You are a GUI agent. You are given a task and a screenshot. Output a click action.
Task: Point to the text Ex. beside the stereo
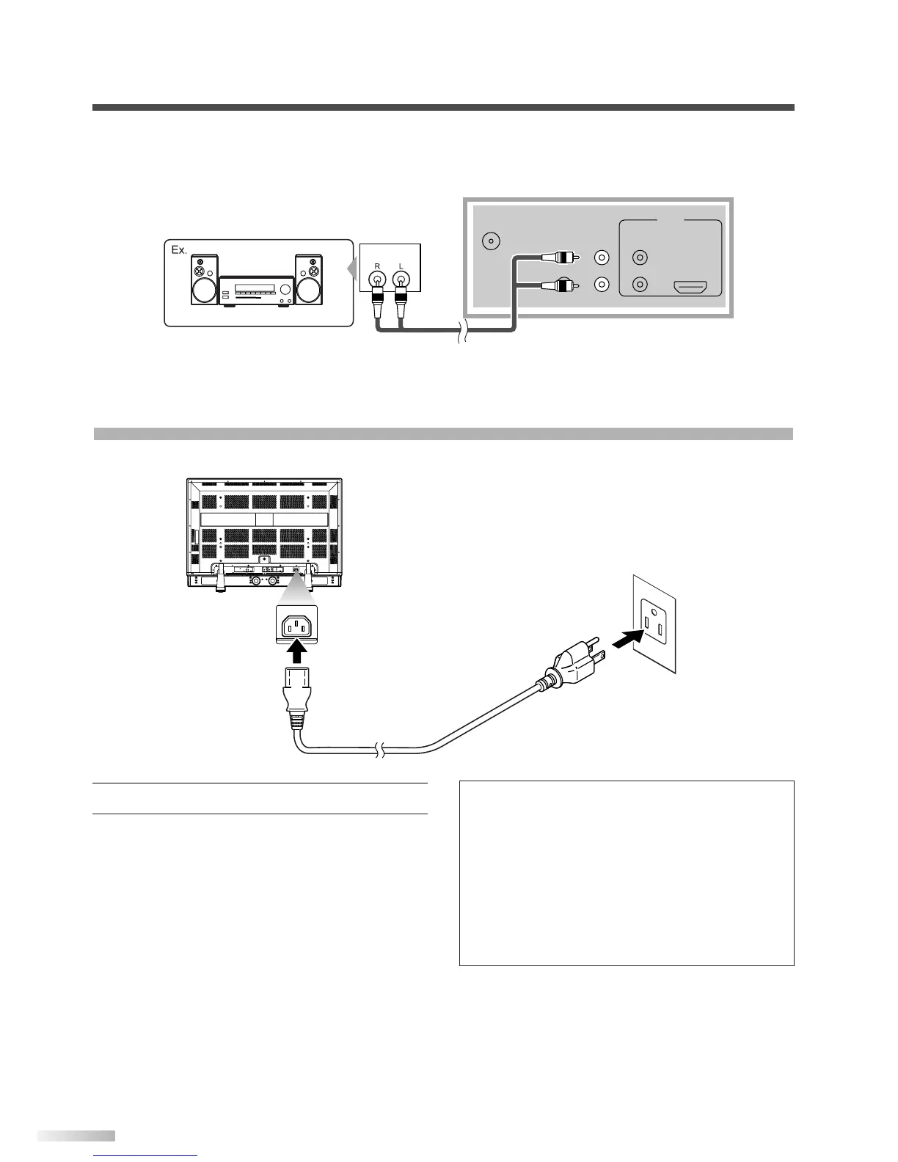point(178,249)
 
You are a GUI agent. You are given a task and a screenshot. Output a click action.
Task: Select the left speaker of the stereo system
point(205,279)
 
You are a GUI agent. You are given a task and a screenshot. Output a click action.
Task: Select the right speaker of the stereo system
point(308,279)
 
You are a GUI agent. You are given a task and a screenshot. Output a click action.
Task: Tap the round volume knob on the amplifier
point(280,288)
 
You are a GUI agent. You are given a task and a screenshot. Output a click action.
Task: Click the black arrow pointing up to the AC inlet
point(296,651)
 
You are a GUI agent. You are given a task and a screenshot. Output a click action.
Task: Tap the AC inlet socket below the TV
point(297,626)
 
